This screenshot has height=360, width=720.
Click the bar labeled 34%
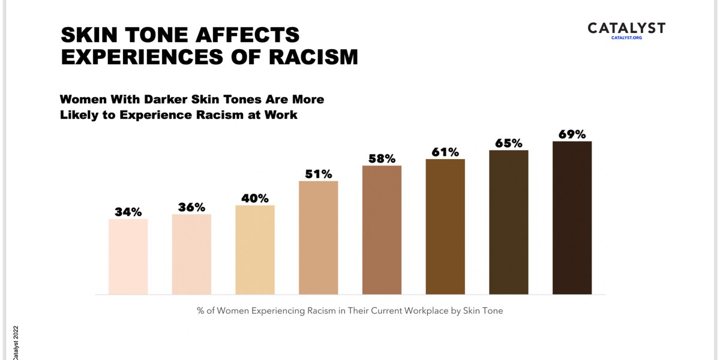click(128, 257)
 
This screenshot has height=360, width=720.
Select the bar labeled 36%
click(191, 254)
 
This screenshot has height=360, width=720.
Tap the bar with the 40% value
click(255, 250)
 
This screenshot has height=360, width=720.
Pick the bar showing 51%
click(318, 238)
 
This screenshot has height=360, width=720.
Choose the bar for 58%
click(382, 230)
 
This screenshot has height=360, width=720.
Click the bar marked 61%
click(445, 227)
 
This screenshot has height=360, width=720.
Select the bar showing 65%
click(509, 222)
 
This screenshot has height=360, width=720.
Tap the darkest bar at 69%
click(572, 218)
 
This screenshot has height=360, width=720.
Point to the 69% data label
click(572, 134)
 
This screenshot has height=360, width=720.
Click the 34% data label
click(128, 212)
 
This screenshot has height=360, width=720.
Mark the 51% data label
click(318, 174)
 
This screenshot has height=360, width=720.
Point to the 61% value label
click(445, 152)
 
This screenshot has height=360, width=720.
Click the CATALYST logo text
click(626, 28)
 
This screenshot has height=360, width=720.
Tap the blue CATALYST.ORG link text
click(626, 38)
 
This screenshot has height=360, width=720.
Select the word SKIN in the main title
click(91, 34)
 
